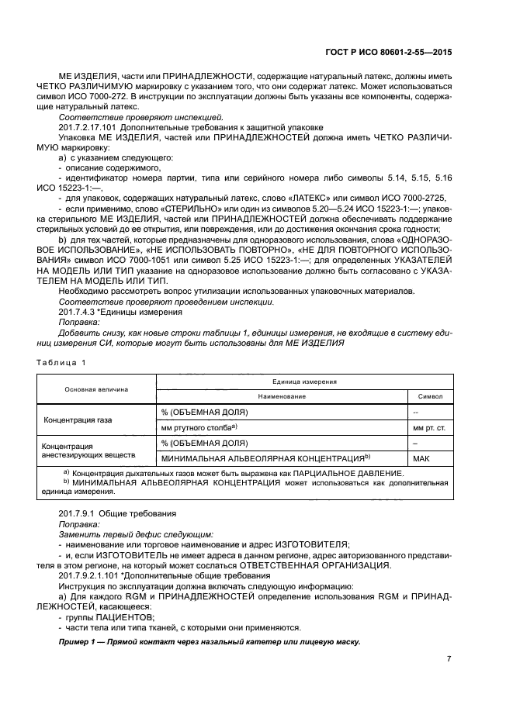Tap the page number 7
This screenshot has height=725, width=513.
pos(448,658)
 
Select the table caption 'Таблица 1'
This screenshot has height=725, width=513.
pos(59,363)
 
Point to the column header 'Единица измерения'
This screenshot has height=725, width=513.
pos(302,382)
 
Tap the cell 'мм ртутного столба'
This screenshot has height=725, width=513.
pos(198,427)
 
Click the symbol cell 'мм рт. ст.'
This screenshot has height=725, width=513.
pos(430,427)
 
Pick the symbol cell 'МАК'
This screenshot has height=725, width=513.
pos(421,458)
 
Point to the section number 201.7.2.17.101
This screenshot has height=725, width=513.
pos(91,126)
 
